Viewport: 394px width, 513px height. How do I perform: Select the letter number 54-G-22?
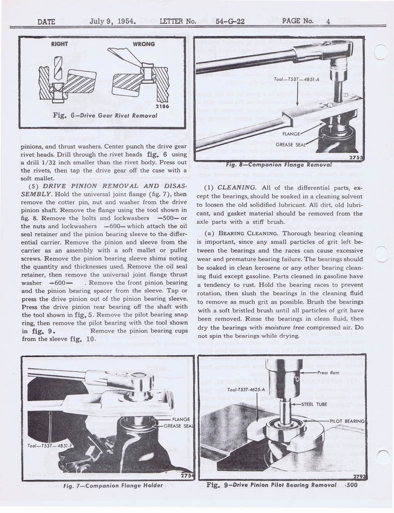(230, 22)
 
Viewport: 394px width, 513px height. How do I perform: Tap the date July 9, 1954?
(113, 22)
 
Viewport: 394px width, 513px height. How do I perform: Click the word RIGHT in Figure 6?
(60, 44)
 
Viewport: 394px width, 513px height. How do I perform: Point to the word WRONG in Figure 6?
(144, 44)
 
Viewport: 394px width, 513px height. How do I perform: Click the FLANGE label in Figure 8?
(291, 134)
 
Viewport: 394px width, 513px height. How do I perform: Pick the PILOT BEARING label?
(347, 421)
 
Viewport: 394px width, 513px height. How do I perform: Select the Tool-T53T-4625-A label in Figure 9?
(246, 389)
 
